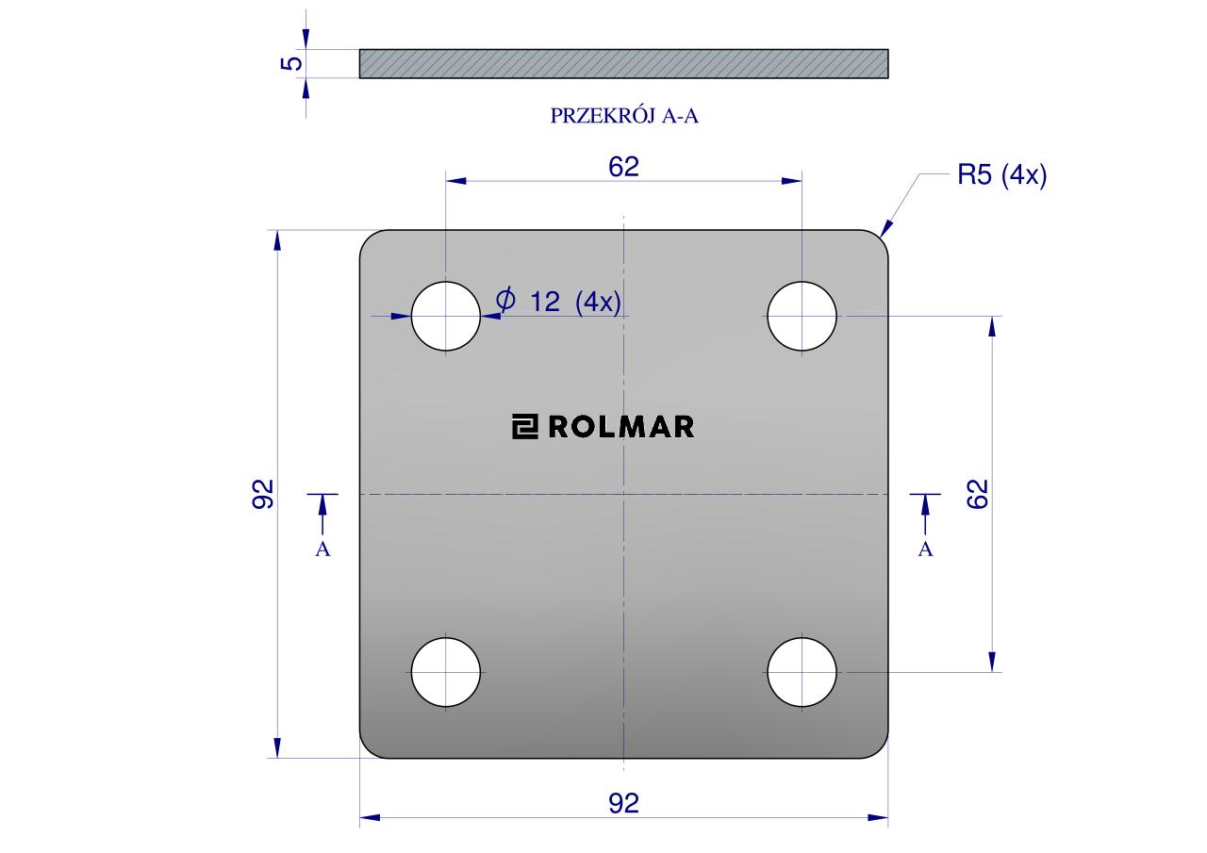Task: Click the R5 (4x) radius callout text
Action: pyautogui.click(x=1001, y=175)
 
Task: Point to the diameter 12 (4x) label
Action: pyautogui.click(x=558, y=301)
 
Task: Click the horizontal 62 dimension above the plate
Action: pyautogui.click(x=623, y=167)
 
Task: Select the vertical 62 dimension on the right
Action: pyautogui.click(x=978, y=494)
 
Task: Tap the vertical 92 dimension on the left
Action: pyautogui.click(x=263, y=494)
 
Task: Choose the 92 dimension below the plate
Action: pyautogui.click(x=623, y=803)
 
